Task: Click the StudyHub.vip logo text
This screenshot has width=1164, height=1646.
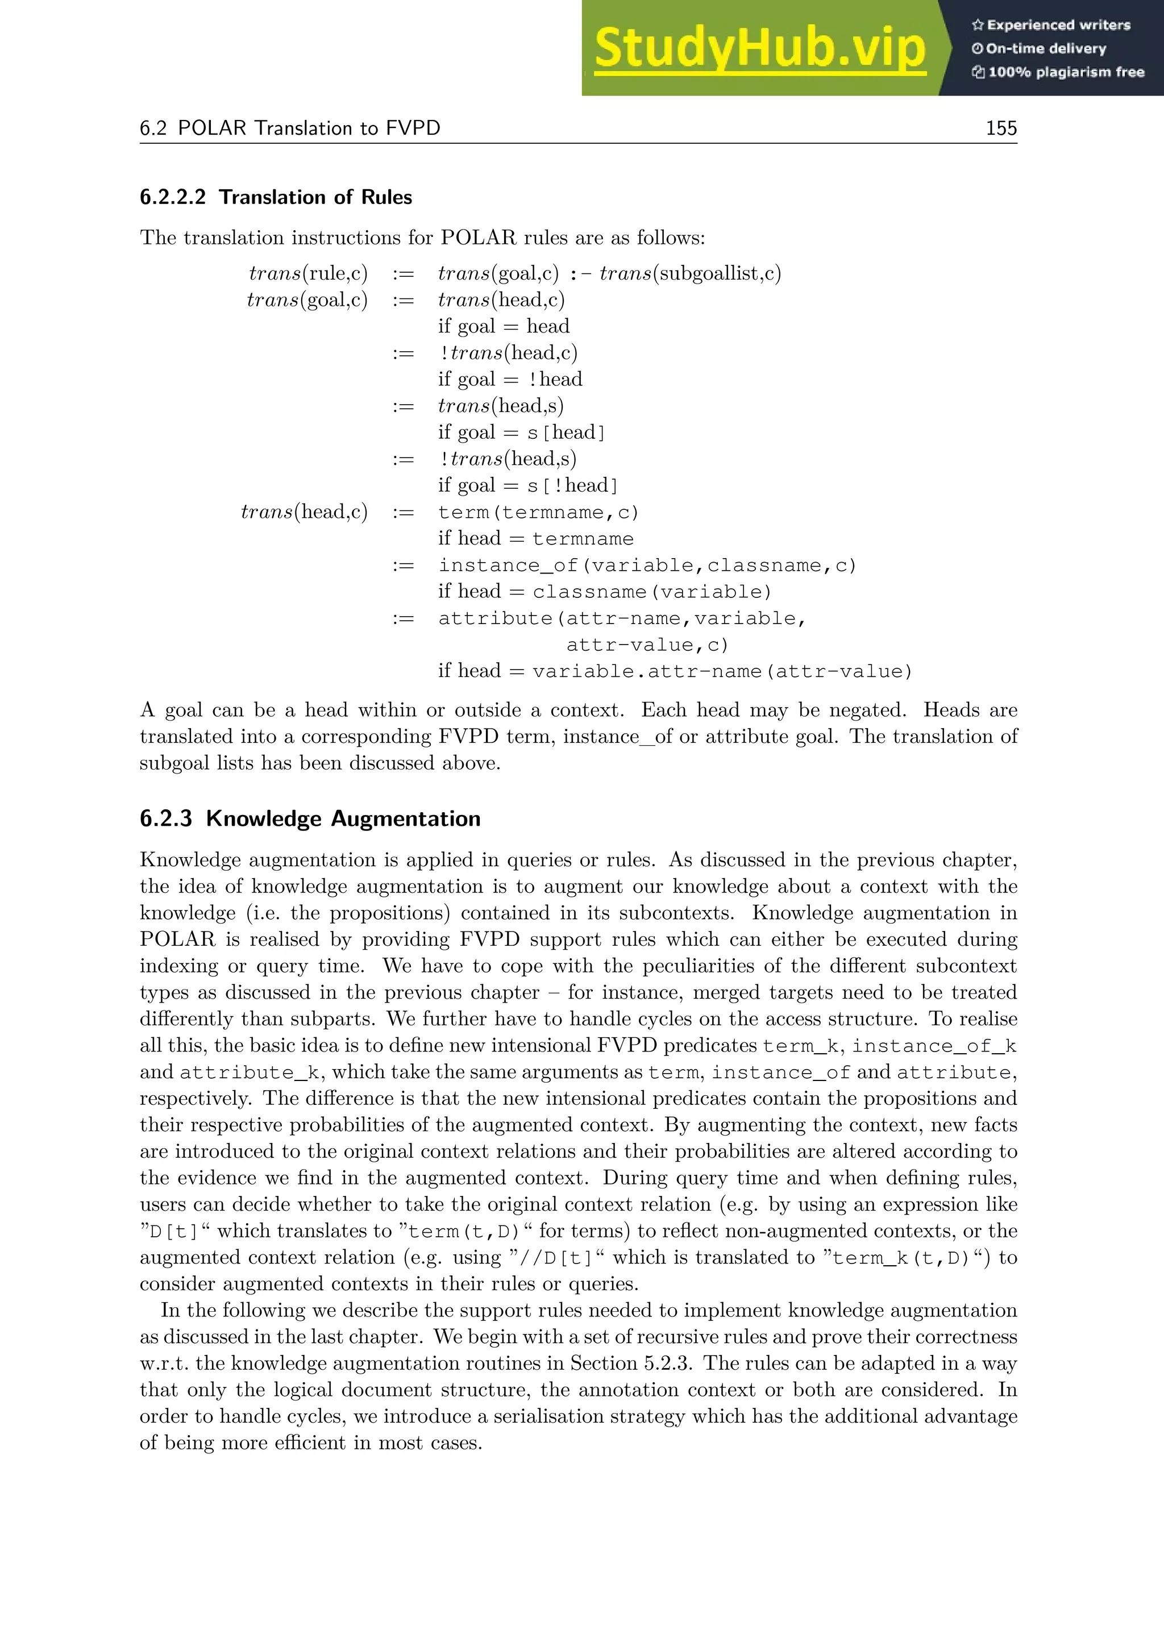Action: (760, 49)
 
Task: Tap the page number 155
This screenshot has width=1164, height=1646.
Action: (1000, 128)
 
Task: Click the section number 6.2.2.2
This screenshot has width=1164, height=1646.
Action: (173, 197)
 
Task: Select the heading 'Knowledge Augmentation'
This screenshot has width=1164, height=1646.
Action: (343, 818)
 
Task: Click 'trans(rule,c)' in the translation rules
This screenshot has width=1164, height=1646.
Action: (308, 273)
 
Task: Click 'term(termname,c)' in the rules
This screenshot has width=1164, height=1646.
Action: (538, 513)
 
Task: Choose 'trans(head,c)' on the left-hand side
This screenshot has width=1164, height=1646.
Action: (304, 512)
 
